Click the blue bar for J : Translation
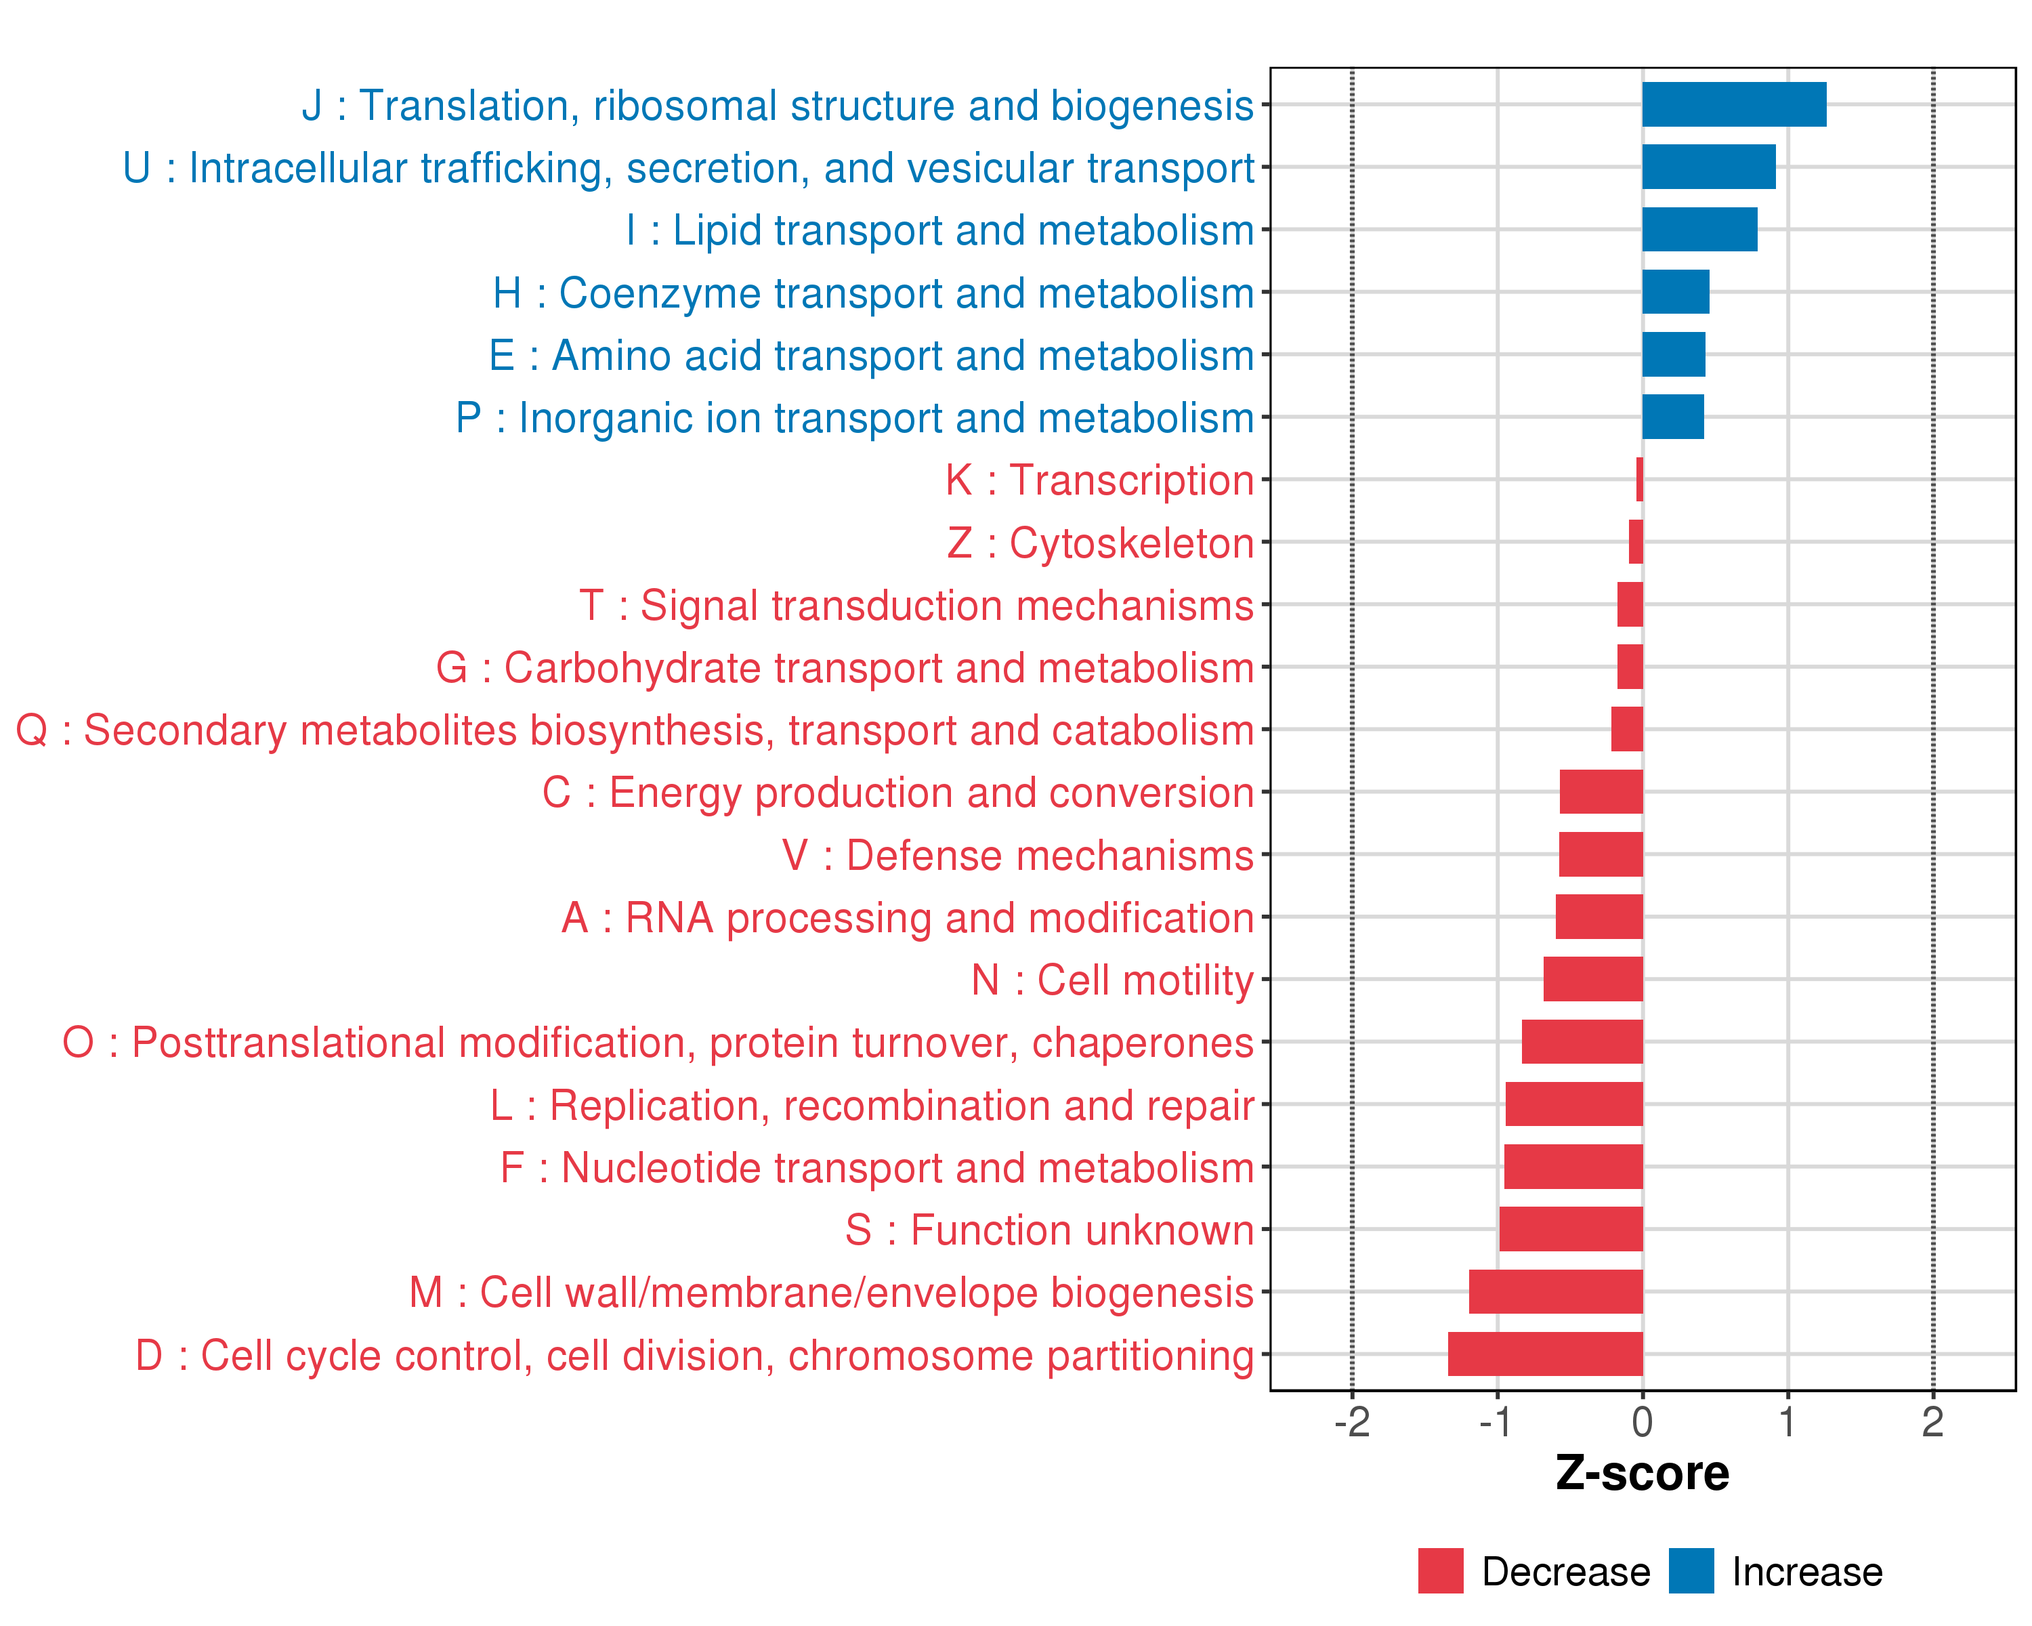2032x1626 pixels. tap(1733, 104)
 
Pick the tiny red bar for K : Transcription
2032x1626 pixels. tap(1639, 480)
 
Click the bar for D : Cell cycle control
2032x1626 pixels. tap(1545, 1354)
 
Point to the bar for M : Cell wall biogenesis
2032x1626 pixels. tap(1555, 1291)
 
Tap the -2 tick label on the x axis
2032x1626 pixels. tap(1351, 1422)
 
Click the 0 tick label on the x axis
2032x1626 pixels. tap(1642, 1422)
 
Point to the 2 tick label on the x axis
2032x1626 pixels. tap(1932, 1422)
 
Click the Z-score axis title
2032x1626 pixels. tap(1642, 1474)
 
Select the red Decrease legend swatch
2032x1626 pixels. tap(1440, 1571)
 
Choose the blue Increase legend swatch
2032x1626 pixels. tap(1691, 1571)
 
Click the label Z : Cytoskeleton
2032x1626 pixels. tap(1100, 543)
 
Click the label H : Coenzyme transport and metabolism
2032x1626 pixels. tap(872, 293)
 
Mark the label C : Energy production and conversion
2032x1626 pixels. tap(897, 793)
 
